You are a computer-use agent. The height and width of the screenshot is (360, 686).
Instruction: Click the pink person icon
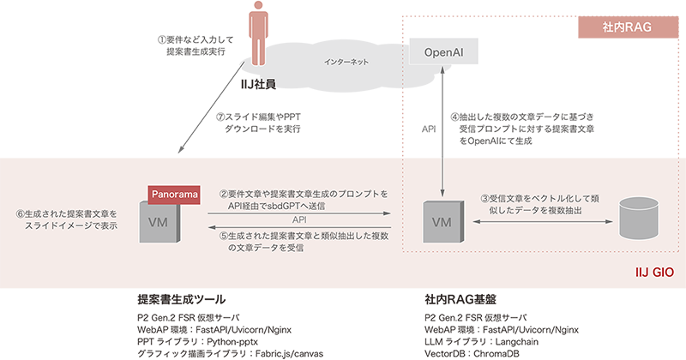point(256,39)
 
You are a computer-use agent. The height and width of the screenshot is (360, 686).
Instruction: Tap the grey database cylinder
point(641,220)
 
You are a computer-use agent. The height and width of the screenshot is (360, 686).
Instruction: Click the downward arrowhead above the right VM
point(442,192)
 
